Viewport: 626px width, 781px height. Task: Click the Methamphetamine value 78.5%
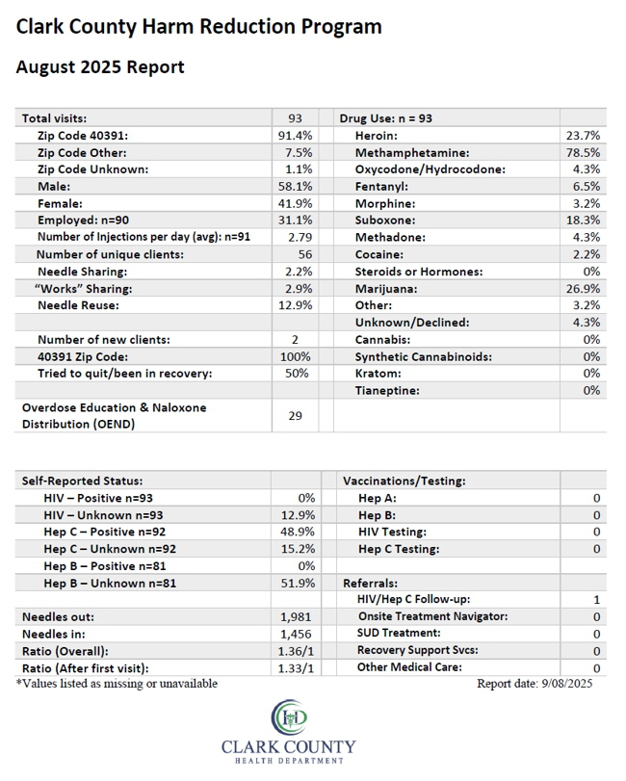click(x=583, y=152)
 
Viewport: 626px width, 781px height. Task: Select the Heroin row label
click(x=376, y=136)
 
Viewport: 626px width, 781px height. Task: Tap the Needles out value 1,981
click(x=296, y=617)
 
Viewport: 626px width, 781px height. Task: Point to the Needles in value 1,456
click(x=296, y=634)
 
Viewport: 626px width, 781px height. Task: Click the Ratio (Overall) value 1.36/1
click(x=296, y=651)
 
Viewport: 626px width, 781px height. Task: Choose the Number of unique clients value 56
click(x=305, y=254)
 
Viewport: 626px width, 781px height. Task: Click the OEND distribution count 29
click(x=296, y=415)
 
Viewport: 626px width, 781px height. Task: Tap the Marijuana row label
click(x=386, y=289)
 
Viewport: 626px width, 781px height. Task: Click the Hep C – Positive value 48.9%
click(x=298, y=532)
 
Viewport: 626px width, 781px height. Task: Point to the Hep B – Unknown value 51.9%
click(x=298, y=584)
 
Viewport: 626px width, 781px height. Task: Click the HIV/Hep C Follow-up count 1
click(x=596, y=600)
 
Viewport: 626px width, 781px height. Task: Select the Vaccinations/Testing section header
click(x=404, y=482)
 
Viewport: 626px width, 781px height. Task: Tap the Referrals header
click(x=370, y=584)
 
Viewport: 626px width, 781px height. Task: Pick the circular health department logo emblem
click(x=289, y=717)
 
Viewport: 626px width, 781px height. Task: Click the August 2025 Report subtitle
click(x=100, y=67)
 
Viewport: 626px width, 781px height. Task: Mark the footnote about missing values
click(x=117, y=684)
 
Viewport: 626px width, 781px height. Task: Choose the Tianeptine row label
click(x=387, y=391)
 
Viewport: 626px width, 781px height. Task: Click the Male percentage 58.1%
click(x=296, y=186)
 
